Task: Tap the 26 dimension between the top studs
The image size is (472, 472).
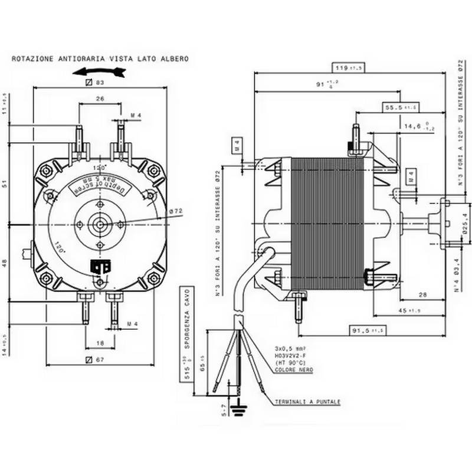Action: tap(99, 99)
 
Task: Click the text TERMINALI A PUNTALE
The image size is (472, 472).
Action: tap(307, 402)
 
